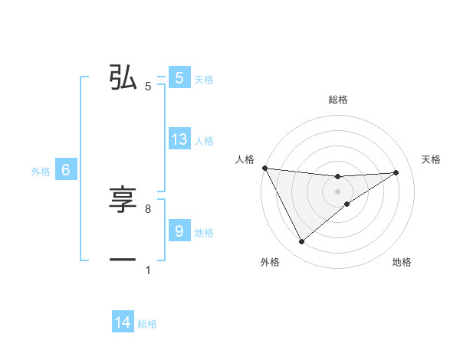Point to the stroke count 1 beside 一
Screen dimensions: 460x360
148,270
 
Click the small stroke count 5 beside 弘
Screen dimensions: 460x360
148,87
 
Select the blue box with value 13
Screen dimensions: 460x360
179,139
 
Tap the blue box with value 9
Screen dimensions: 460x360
179,231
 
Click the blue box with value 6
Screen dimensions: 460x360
66,171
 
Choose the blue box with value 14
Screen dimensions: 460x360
123,323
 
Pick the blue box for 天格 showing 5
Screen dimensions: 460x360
179,78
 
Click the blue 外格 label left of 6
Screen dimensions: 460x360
41,172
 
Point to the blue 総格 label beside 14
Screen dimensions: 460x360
147,324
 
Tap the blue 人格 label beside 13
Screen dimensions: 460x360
204,140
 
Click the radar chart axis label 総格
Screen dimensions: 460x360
337,100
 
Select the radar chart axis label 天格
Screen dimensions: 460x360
432,159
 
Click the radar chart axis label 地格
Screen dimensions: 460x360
402,263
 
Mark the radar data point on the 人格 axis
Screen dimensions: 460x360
264,168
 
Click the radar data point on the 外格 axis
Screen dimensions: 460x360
301,242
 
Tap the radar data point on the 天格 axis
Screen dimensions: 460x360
396,172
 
